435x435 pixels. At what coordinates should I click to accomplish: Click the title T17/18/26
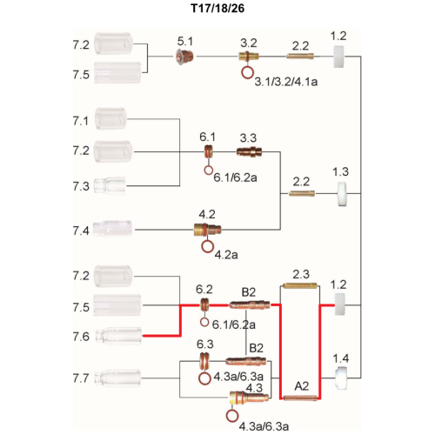tap(217, 8)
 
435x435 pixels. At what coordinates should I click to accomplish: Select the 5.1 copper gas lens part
tap(185, 57)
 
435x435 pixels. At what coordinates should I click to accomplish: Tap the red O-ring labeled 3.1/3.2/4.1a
tap(247, 72)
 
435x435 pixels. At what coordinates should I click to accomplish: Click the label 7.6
tap(81, 337)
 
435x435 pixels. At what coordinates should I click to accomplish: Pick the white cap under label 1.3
tap(343, 194)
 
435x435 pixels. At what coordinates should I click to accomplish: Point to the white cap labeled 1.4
tap(340, 378)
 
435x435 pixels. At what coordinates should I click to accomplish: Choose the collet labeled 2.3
tap(299, 286)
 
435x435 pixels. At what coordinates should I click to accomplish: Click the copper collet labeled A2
tap(300, 398)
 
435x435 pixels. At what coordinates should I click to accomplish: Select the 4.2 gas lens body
tap(207, 230)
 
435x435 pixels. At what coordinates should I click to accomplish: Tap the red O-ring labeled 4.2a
tap(208, 247)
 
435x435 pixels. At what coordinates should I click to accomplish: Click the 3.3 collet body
tap(250, 151)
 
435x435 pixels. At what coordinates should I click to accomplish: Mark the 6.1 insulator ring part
tap(208, 151)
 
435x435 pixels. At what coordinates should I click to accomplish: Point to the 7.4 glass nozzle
tap(113, 229)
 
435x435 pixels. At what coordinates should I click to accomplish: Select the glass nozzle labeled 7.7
tap(118, 378)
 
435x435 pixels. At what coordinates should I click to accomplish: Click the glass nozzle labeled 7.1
tap(110, 118)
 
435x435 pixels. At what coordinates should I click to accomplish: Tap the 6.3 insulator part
tap(204, 361)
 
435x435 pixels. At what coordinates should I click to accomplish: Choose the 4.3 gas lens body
tap(249, 398)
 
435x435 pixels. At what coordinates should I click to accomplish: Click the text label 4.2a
tap(226, 255)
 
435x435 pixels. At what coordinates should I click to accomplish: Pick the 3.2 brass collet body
tap(249, 56)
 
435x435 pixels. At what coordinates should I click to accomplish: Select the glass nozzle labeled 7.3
tap(110, 185)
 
